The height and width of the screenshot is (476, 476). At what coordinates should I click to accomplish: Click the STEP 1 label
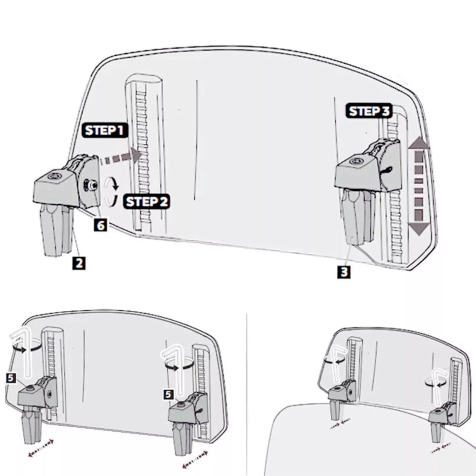[104, 131]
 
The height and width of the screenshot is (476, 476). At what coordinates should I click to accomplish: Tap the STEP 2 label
[147, 201]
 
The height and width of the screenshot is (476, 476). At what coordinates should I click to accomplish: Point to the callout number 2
[79, 263]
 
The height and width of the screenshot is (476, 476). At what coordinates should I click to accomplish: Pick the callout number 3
[344, 272]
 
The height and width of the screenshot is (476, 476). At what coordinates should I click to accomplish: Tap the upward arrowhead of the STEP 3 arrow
[419, 144]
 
